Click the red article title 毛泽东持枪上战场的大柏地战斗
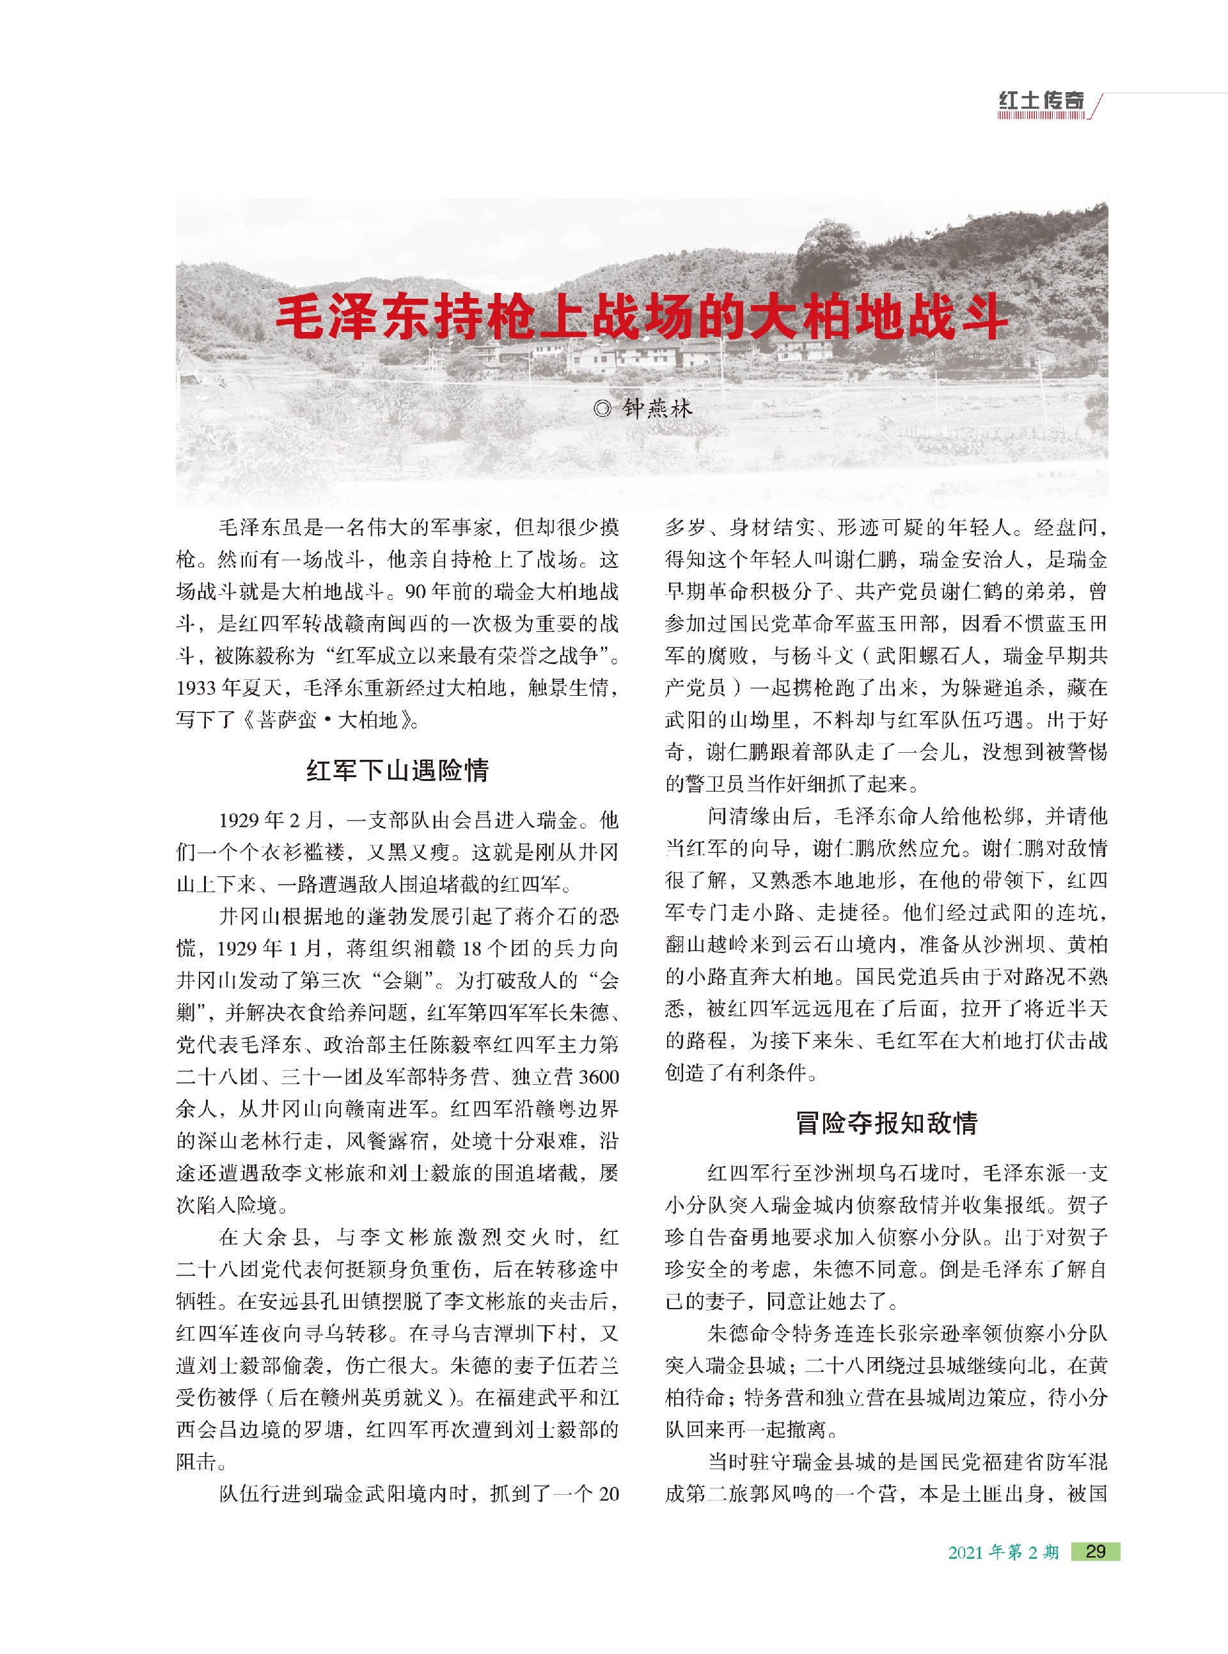(641, 317)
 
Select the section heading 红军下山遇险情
(397, 770)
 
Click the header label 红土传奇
(1041, 100)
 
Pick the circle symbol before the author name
(603, 408)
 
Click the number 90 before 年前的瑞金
(416, 592)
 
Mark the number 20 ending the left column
(608, 1494)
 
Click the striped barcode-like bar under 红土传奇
(1041, 116)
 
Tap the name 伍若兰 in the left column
(588, 1365)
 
